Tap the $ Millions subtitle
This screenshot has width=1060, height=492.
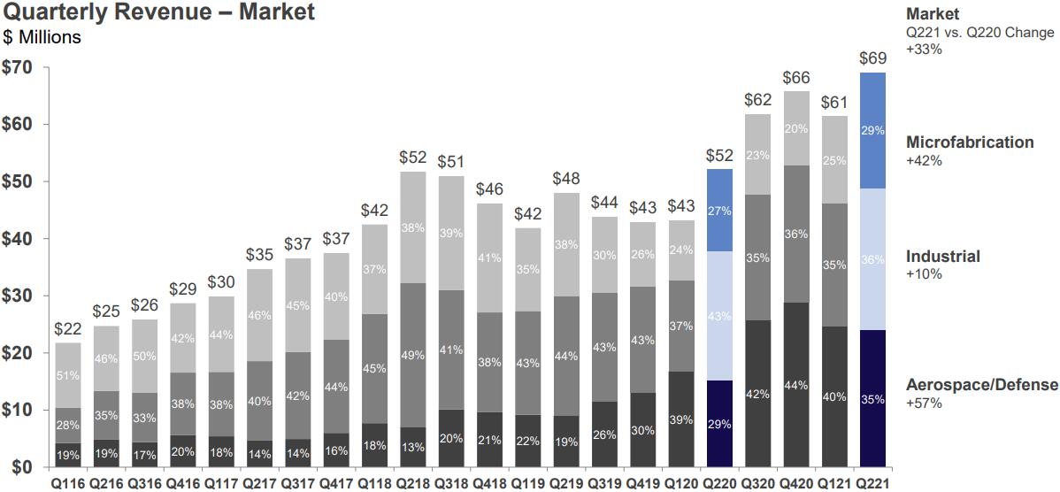click(42, 37)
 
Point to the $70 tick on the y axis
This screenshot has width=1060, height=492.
click(18, 68)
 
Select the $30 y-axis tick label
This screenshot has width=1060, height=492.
click(18, 296)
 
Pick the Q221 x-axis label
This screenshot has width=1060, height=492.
click(872, 482)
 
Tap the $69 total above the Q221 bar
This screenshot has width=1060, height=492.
click(872, 59)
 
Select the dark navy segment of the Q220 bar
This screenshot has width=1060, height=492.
click(719, 423)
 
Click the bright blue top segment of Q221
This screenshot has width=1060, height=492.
click(872, 130)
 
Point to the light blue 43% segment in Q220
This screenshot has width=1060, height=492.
click(719, 316)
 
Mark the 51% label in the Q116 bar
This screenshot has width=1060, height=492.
click(68, 375)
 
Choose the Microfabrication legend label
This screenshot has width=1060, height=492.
click(970, 142)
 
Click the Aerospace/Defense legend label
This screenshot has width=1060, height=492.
click(981, 385)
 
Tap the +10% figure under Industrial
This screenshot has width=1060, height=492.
click(924, 274)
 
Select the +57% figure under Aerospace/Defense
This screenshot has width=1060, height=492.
click(924, 404)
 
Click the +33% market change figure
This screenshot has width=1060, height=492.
click(924, 50)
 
